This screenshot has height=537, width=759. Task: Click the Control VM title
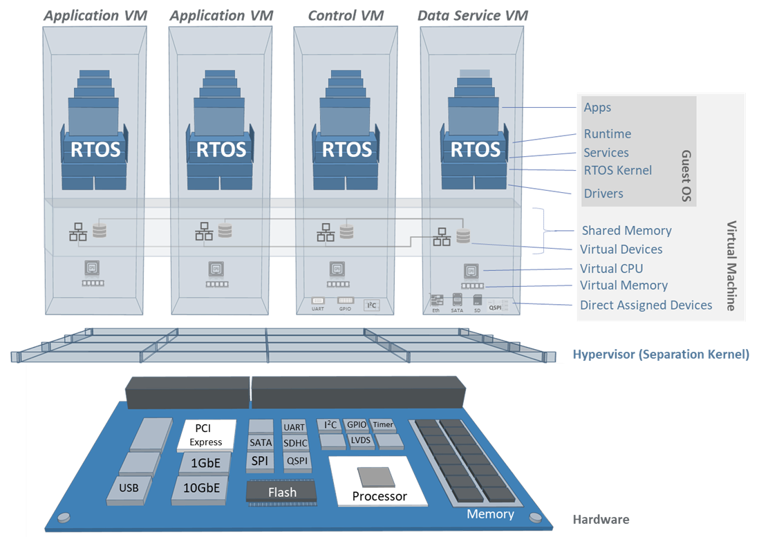point(347,15)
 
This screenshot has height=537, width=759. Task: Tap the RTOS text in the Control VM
point(347,149)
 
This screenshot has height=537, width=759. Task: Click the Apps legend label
point(597,108)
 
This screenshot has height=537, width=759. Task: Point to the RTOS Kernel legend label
point(617,170)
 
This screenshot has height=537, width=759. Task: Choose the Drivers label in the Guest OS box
point(603,194)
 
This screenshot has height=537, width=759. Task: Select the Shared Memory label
point(626,231)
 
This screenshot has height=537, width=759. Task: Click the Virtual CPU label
point(611,268)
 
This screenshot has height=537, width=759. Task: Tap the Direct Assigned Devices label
point(646,305)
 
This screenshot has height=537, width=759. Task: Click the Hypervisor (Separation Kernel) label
point(660,355)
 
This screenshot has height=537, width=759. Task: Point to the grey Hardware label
point(601,519)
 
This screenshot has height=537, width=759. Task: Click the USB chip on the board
point(129,488)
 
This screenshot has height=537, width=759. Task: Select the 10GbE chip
point(202,487)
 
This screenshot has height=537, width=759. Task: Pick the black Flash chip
point(282,492)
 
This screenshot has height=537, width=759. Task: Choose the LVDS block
point(359,440)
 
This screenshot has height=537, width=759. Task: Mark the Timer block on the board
point(382,424)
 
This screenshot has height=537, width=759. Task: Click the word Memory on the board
point(490,514)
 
